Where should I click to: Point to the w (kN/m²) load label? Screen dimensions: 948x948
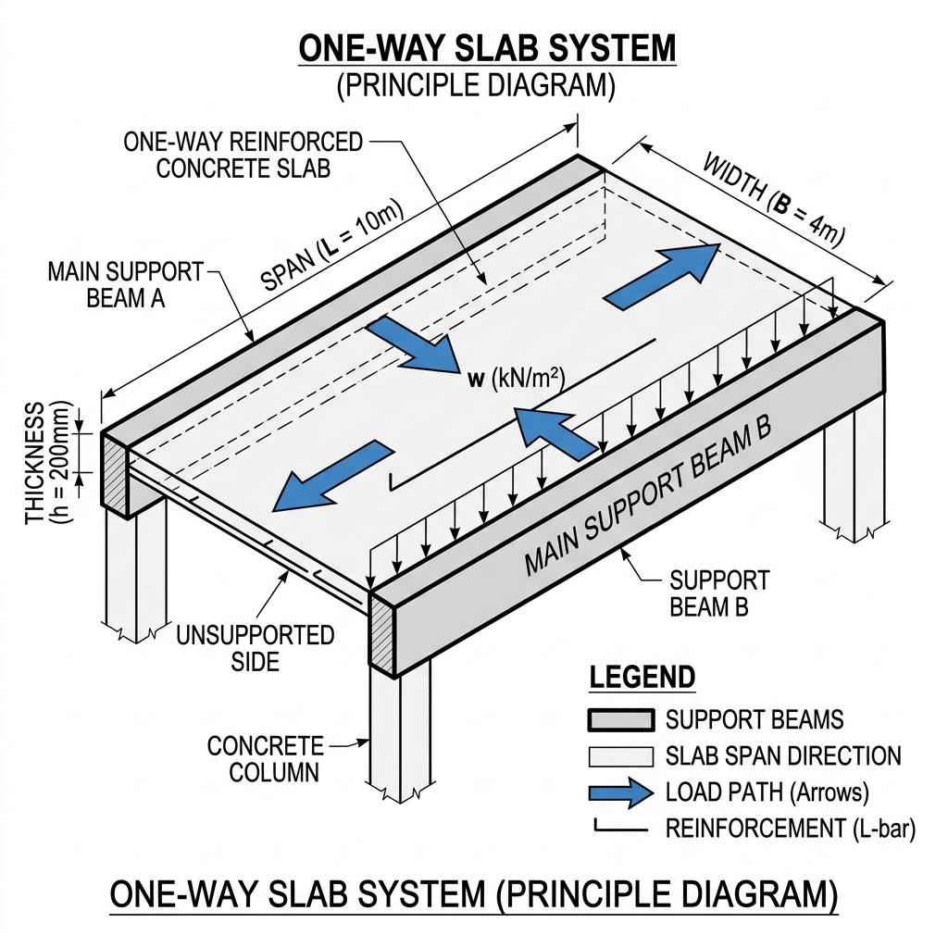point(512,378)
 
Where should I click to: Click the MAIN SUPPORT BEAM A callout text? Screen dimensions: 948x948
point(125,285)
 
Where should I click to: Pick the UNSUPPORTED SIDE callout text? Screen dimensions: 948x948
point(256,648)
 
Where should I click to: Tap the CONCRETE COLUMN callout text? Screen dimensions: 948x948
point(265,758)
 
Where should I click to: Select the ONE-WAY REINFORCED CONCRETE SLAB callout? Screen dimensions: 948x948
point(243,155)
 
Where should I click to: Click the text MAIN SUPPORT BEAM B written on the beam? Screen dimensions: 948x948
point(648,500)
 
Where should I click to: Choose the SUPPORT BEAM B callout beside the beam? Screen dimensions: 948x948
point(719,593)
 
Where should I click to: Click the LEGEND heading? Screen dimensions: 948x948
point(642,677)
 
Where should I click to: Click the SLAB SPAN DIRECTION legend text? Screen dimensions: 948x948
point(783,755)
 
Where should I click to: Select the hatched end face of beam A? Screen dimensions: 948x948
point(112,472)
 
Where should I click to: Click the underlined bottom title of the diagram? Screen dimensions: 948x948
point(474,895)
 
